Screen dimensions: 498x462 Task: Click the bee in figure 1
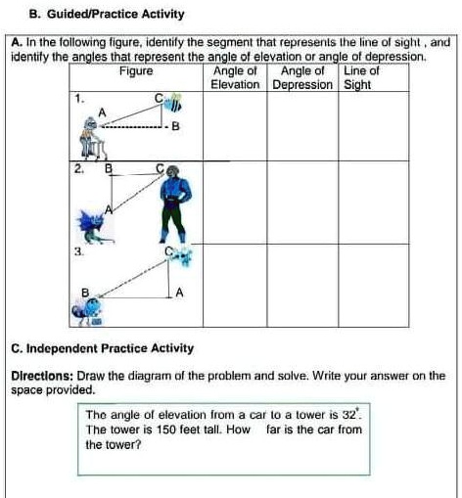tap(174, 104)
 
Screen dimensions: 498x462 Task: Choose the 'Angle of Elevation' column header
tap(235, 78)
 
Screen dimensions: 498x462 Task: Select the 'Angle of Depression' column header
tap(302, 78)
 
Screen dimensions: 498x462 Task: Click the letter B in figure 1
tap(175, 126)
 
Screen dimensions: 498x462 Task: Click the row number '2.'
tap(76, 169)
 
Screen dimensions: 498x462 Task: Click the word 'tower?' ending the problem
tap(120, 443)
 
